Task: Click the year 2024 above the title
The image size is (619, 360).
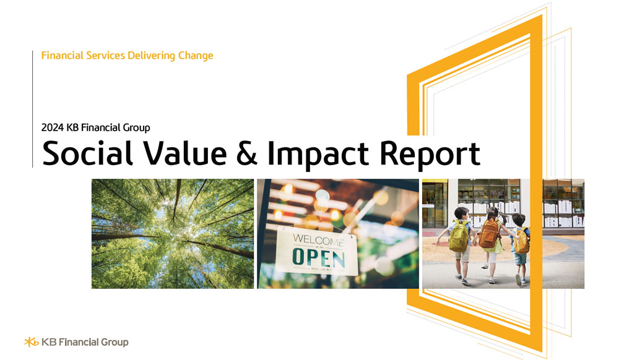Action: [53, 128]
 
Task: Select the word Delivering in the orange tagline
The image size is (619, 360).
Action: [151, 56]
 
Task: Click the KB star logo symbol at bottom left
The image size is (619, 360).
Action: [31, 341]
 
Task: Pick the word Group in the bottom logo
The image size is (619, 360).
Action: [114, 342]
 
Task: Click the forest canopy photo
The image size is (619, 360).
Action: [173, 233]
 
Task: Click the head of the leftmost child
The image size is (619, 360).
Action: [461, 214]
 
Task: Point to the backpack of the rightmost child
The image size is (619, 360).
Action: [522, 240]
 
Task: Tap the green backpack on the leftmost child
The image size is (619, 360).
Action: [459, 238]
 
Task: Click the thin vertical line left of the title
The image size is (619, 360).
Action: [32, 109]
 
